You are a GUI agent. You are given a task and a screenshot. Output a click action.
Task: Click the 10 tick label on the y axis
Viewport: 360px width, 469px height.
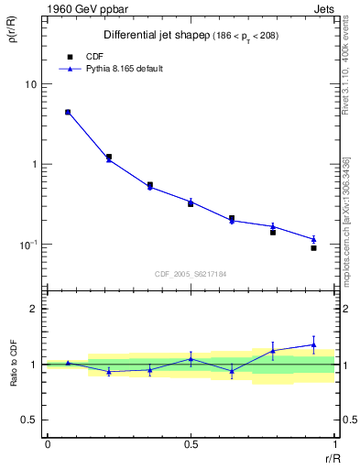(30, 84)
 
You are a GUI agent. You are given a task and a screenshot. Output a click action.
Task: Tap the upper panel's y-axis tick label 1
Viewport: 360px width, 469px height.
(34, 165)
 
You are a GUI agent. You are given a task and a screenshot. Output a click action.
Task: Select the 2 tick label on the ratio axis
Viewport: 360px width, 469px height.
(33, 309)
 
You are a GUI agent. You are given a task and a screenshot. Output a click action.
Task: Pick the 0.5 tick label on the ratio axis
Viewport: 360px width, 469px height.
(28, 420)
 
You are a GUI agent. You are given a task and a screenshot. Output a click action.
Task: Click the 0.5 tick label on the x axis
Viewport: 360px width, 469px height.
(191, 445)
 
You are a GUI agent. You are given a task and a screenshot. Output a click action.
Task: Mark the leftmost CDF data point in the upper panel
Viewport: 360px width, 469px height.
(68, 112)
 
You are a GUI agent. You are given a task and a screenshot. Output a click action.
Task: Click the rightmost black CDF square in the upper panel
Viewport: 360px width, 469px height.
(313, 247)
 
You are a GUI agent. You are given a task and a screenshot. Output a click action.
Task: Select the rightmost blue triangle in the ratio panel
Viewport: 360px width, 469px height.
(313, 344)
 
